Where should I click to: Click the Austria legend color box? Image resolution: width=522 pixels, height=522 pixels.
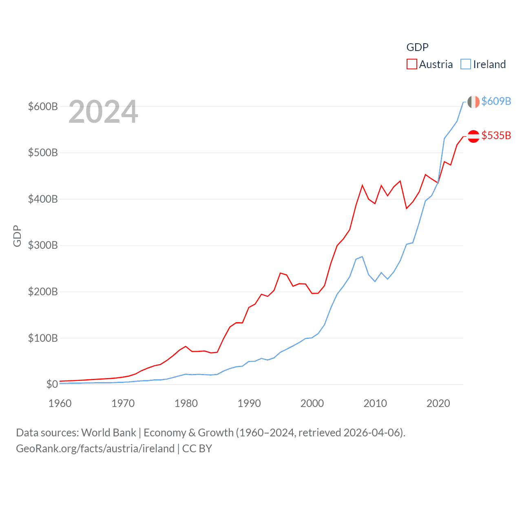tap(412, 64)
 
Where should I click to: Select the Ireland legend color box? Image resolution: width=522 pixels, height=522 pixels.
tap(466, 64)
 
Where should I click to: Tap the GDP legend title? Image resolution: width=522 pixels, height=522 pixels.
tap(417, 47)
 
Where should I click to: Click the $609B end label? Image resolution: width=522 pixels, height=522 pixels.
tap(496, 101)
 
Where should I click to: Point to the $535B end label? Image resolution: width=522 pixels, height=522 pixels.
tap(496, 135)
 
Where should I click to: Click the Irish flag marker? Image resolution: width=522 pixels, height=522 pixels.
tap(473, 102)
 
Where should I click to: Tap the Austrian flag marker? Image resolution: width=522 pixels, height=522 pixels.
tap(473, 136)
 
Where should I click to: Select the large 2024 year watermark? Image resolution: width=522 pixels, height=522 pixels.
tap(103, 112)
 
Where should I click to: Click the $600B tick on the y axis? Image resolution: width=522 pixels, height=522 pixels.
tap(43, 106)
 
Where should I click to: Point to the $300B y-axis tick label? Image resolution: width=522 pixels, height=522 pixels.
tap(43, 245)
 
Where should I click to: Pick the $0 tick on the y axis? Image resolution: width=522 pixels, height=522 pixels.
tap(52, 384)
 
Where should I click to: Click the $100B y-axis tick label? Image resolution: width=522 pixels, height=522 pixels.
tap(43, 338)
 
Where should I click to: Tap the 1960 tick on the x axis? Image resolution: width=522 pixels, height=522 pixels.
tap(60, 403)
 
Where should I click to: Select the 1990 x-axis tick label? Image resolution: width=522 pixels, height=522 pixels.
tap(249, 403)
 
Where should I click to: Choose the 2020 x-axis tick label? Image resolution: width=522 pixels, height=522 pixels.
tap(438, 403)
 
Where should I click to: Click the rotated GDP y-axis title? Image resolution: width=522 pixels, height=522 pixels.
tap(17, 236)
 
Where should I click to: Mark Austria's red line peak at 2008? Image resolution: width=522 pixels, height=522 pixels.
tap(362, 186)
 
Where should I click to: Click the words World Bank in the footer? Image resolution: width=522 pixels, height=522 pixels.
tap(108, 432)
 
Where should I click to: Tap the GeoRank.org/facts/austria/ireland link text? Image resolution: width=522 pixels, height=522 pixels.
tap(95, 449)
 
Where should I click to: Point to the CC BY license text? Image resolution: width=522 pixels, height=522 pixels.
tap(197, 449)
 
